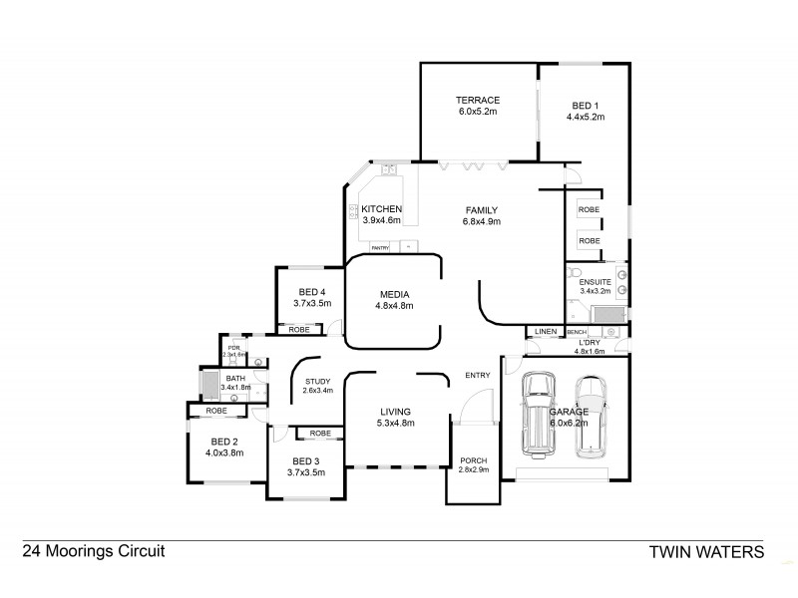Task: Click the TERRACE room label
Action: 477,100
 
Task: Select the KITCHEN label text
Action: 380,208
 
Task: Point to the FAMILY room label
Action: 481,209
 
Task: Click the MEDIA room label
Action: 395,294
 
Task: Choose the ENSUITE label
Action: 596,282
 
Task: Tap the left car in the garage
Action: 540,414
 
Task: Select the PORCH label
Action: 473,459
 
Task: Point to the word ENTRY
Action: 477,376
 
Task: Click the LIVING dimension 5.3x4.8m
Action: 395,424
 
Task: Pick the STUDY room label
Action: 317,381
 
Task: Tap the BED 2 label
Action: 223,442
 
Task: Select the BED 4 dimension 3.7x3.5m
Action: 312,303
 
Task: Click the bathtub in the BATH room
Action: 209,384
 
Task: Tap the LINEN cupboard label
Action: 545,331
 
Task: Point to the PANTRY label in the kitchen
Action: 380,247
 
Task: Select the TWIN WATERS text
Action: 706,551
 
